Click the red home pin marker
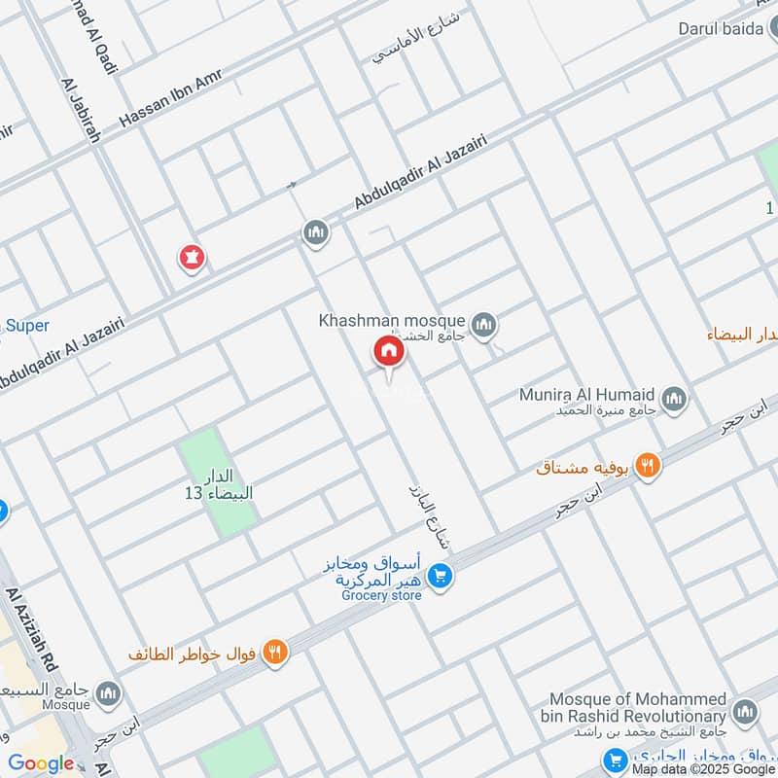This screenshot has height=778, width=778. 388,352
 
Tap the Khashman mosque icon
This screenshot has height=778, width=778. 483,323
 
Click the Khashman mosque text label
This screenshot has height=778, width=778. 393,320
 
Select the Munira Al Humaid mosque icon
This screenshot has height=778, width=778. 674,398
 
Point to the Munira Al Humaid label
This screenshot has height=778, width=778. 586,395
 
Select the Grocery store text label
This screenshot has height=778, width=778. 381,596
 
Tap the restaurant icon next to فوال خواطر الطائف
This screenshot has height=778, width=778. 276,654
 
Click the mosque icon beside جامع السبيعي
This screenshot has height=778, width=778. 108,693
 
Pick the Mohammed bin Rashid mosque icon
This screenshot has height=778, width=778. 745,712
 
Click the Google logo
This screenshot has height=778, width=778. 41,763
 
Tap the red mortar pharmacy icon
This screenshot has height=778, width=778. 191,258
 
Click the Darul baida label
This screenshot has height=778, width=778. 721,29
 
